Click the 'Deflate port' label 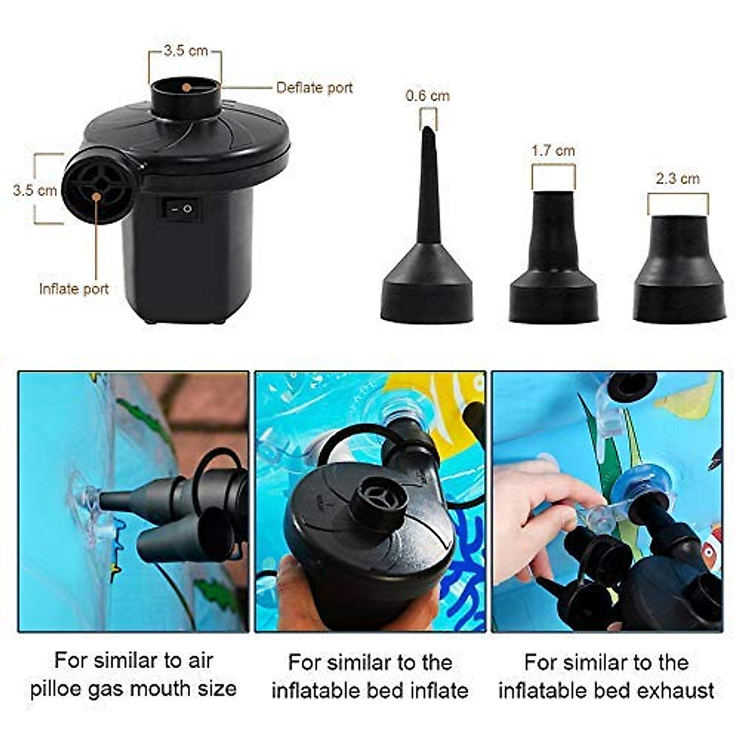point(314,88)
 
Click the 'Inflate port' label point(73,289)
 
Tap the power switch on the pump point(181,209)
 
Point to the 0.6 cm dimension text point(427,96)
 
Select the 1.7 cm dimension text point(553,150)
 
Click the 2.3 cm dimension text point(677,179)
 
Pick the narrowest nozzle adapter point(427,247)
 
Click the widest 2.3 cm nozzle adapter point(679,271)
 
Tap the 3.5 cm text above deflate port point(185,51)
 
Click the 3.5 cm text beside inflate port point(35,190)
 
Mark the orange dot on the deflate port point(186,87)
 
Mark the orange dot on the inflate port point(97,196)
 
